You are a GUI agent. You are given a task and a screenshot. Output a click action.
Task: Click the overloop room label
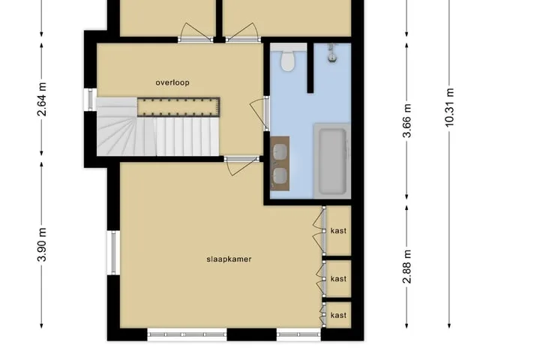click(x=172, y=82)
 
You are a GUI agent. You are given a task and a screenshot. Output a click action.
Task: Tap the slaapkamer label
click(x=229, y=259)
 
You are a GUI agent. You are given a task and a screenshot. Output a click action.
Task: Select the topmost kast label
click(x=338, y=231)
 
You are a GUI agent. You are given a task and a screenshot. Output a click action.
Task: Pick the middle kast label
click(x=338, y=278)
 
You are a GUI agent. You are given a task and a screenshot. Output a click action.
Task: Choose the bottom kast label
click(x=338, y=315)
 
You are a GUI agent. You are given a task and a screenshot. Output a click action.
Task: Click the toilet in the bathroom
click(x=288, y=59)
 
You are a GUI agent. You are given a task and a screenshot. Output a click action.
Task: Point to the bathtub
click(x=332, y=161)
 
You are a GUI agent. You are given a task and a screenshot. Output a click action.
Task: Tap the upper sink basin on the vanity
click(x=280, y=151)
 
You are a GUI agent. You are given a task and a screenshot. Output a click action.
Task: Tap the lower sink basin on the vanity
click(x=280, y=175)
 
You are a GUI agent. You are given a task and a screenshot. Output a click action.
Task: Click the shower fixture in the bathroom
click(x=332, y=53)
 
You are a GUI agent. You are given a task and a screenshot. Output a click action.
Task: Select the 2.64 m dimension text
click(x=42, y=100)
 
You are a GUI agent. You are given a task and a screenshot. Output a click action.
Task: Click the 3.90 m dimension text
click(x=42, y=244)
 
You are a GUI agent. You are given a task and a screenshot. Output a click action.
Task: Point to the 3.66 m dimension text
click(x=406, y=121)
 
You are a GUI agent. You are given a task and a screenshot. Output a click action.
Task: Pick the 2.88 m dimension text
click(x=406, y=266)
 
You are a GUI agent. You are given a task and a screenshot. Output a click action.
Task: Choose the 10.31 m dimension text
click(x=449, y=107)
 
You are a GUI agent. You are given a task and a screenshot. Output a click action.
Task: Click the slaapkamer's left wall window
click(x=113, y=253)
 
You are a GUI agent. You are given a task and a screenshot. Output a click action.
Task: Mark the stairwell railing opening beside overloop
click(x=178, y=107)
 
